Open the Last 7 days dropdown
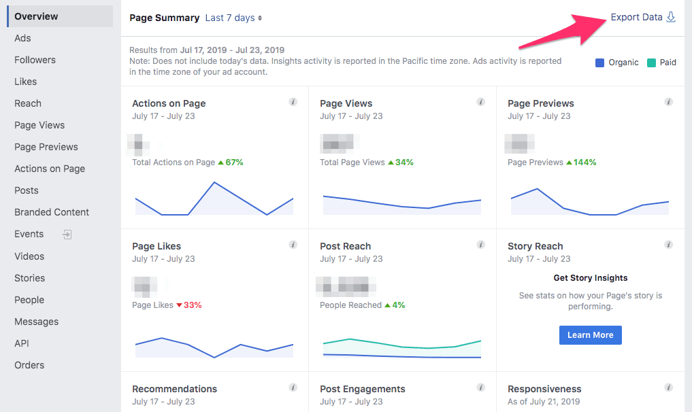click(233, 18)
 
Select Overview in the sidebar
click(37, 16)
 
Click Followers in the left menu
click(35, 60)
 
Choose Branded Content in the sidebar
click(52, 212)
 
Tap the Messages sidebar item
click(37, 322)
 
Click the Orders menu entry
click(29, 365)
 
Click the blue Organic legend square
click(599, 63)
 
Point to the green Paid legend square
click(651, 63)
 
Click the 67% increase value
click(234, 162)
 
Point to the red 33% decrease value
click(193, 305)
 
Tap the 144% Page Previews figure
click(584, 162)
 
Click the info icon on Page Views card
click(481, 103)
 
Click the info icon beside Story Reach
click(669, 245)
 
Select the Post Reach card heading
click(345, 246)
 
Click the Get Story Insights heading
click(591, 277)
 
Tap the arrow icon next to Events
click(67, 235)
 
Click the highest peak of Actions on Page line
click(214, 182)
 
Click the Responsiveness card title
click(544, 389)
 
